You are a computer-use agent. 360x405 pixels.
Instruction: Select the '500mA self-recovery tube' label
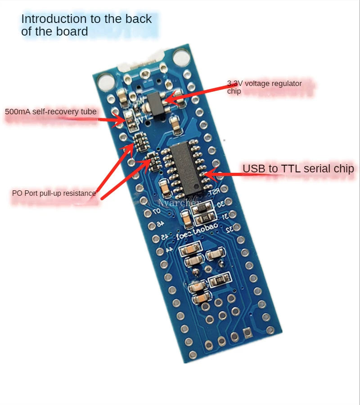point(51,111)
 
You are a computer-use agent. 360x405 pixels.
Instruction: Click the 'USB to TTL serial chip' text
point(298,169)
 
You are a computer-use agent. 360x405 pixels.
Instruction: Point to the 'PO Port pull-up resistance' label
point(54,193)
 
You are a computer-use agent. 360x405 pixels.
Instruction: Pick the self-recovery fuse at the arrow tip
point(130,118)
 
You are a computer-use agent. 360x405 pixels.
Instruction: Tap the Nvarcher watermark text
point(179,203)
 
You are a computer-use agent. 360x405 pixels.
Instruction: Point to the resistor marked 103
point(221,280)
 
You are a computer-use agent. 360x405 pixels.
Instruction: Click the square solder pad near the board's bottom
point(247,333)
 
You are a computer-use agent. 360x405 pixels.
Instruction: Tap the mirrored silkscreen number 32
point(230,229)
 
